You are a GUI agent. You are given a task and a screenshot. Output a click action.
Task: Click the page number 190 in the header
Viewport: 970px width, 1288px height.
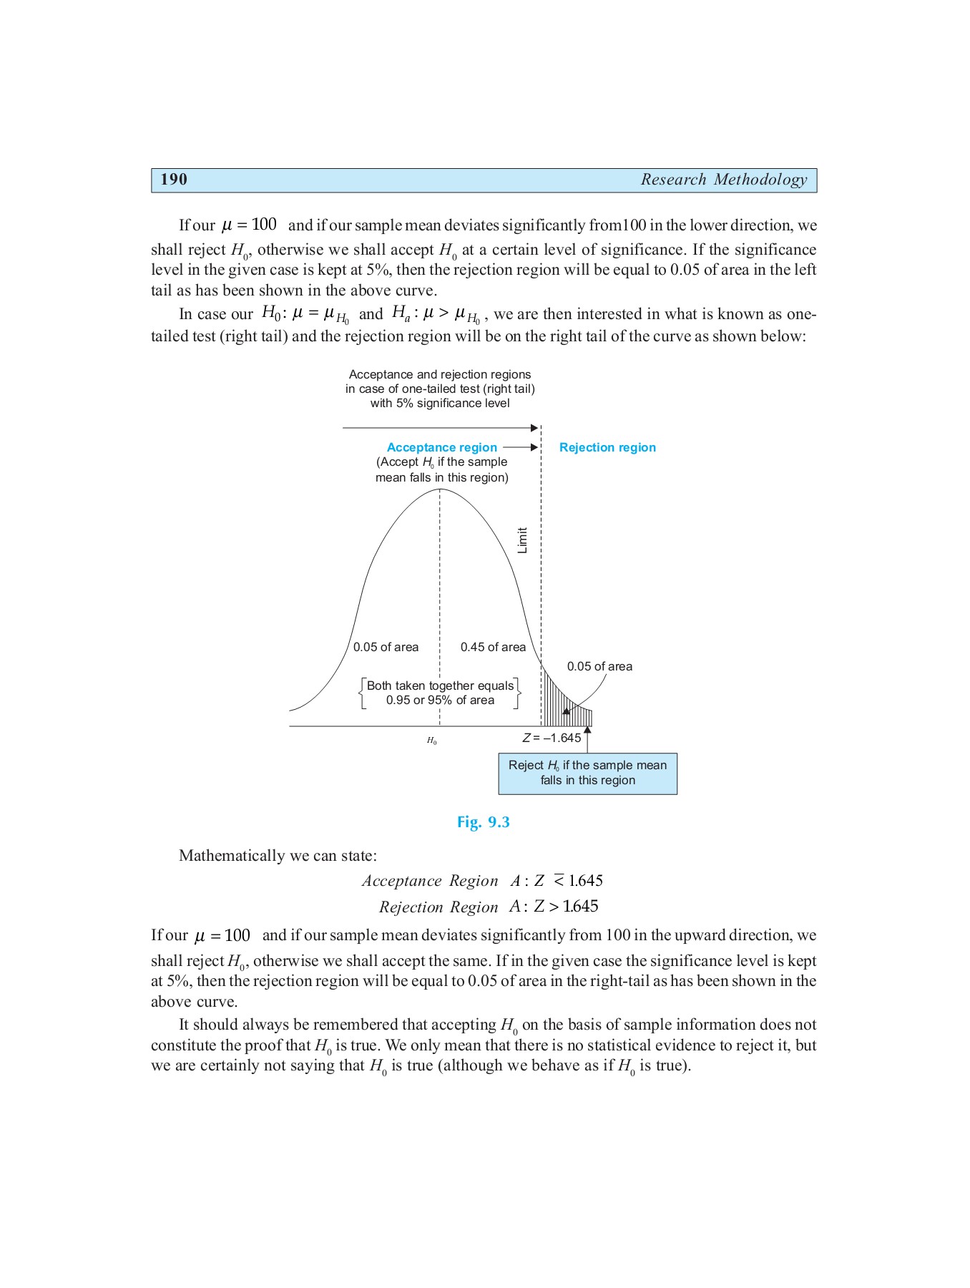174,180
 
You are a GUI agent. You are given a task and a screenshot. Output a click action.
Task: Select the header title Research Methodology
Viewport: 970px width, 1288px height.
723,180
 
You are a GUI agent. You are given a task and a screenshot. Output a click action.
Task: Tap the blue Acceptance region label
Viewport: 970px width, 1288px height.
441,447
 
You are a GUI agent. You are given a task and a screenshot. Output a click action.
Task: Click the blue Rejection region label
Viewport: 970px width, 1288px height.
607,447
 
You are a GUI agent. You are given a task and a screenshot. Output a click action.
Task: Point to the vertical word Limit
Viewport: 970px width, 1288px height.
522,540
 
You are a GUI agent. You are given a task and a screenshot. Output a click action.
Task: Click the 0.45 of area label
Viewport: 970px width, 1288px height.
493,647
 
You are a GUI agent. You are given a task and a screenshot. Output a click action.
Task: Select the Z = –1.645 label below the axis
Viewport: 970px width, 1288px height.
552,738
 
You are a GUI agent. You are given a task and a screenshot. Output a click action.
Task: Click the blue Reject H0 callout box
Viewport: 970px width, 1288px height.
587,773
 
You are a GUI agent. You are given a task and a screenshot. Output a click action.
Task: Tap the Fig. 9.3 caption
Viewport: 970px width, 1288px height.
484,822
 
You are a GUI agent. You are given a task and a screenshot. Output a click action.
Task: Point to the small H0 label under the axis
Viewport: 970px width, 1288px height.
431,741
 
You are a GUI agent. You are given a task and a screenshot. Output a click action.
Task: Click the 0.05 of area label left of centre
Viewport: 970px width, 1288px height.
386,647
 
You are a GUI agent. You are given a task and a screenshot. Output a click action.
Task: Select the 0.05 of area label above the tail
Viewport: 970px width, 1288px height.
599,666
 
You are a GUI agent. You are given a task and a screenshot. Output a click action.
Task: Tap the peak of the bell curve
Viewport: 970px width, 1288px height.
440,490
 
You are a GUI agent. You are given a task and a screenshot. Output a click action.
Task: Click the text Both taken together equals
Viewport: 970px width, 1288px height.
440,686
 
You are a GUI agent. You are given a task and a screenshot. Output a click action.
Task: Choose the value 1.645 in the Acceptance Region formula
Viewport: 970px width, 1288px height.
585,881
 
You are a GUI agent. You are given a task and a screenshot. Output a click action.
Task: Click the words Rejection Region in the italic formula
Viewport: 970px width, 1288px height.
439,907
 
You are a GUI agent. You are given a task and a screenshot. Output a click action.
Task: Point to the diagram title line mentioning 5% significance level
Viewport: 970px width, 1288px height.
440,403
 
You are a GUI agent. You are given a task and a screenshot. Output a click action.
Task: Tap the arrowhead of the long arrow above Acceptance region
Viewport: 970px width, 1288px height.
534,428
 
